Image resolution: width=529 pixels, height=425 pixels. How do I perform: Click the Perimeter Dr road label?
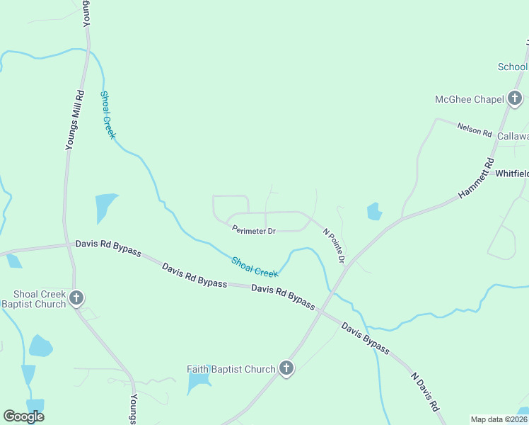253,230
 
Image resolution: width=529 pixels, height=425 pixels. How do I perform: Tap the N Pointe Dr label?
334,246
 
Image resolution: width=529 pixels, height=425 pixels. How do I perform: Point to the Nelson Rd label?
475,128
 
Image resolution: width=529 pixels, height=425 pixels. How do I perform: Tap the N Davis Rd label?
426,390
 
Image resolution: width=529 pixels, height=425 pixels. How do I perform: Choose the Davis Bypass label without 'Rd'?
365,338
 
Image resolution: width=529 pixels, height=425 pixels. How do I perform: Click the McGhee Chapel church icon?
515,99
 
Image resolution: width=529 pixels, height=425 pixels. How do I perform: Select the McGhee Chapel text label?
469,99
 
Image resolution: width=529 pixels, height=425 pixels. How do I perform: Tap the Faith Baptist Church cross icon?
286,368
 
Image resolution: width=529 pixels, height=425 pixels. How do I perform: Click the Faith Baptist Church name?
231,369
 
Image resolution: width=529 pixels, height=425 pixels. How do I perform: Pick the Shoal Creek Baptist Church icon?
76,298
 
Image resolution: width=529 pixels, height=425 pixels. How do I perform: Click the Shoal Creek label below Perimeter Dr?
255,267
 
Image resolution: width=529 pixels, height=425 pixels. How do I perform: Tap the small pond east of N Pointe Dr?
374,211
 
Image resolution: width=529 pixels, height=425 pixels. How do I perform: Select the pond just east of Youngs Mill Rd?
105,208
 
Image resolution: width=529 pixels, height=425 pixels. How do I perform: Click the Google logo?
24,416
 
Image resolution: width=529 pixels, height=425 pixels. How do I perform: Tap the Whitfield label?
511,174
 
